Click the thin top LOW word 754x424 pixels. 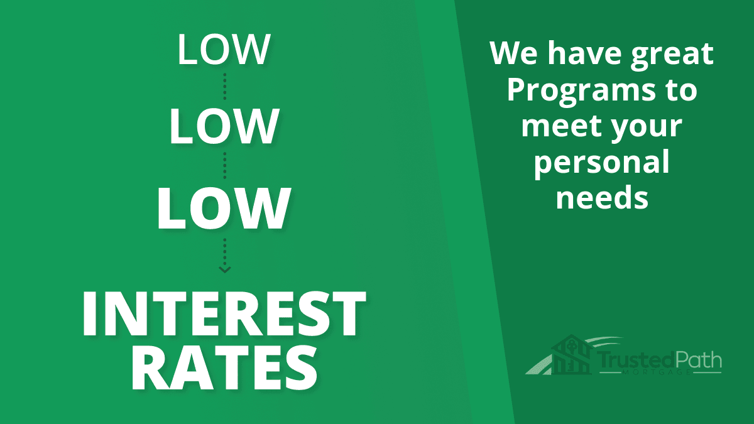click(224, 49)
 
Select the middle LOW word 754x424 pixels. click(224, 126)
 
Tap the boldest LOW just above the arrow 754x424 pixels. click(224, 209)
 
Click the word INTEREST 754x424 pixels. click(224, 313)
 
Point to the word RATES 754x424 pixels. click(224, 368)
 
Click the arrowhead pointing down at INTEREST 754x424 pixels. click(225, 269)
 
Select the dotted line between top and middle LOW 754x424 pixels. click(225, 86)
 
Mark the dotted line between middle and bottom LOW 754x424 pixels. click(225, 166)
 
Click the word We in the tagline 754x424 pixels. click(514, 53)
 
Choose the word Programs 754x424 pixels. click(581, 92)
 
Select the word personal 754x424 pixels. click(601, 163)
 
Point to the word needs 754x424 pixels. click(602, 197)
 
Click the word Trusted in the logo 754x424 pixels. click(636, 360)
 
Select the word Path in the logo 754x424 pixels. click(698, 360)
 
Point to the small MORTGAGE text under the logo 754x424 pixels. click(657, 372)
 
